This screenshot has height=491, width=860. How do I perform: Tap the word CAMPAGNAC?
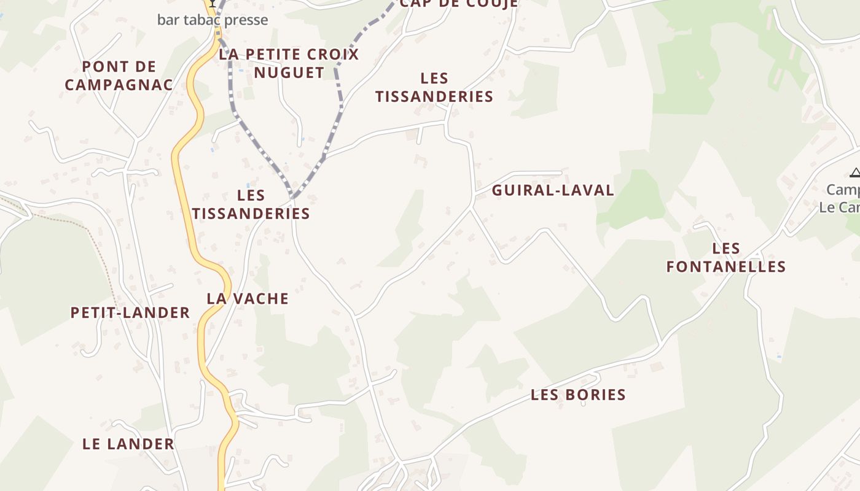[x=119, y=85]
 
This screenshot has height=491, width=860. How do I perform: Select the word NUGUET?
[x=289, y=72]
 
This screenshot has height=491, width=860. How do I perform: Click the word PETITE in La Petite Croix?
[x=274, y=54]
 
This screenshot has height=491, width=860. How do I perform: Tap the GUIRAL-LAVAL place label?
[x=553, y=190]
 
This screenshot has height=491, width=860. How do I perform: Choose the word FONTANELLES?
[x=726, y=266]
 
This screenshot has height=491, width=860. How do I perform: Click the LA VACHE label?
[x=248, y=299]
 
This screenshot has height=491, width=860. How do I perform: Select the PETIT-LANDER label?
[x=130, y=313]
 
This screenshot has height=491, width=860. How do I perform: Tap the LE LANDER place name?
[x=128, y=444]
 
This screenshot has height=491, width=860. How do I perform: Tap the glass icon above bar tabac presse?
[x=212, y=3]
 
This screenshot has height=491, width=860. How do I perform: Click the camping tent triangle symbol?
[x=854, y=173]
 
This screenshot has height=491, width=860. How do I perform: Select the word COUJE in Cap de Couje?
[x=492, y=3]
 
